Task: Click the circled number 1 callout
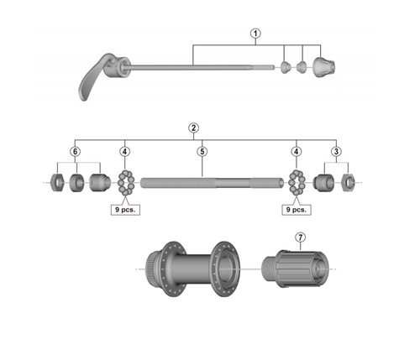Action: pyautogui.click(x=255, y=34)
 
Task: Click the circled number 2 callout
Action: pyautogui.click(x=193, y=128)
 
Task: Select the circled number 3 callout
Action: pyautogui.click(x=336, y=152)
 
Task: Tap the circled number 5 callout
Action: pyautogui.click(x=202, y=152)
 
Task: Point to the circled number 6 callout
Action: pyautogui.click(x=75, y=152)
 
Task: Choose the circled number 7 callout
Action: pyautogui.click(x=300, y=237)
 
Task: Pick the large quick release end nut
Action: pyautogui.click(x=323, y=67)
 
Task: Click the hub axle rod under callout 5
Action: pyautogui.click(x=213, y=183)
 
